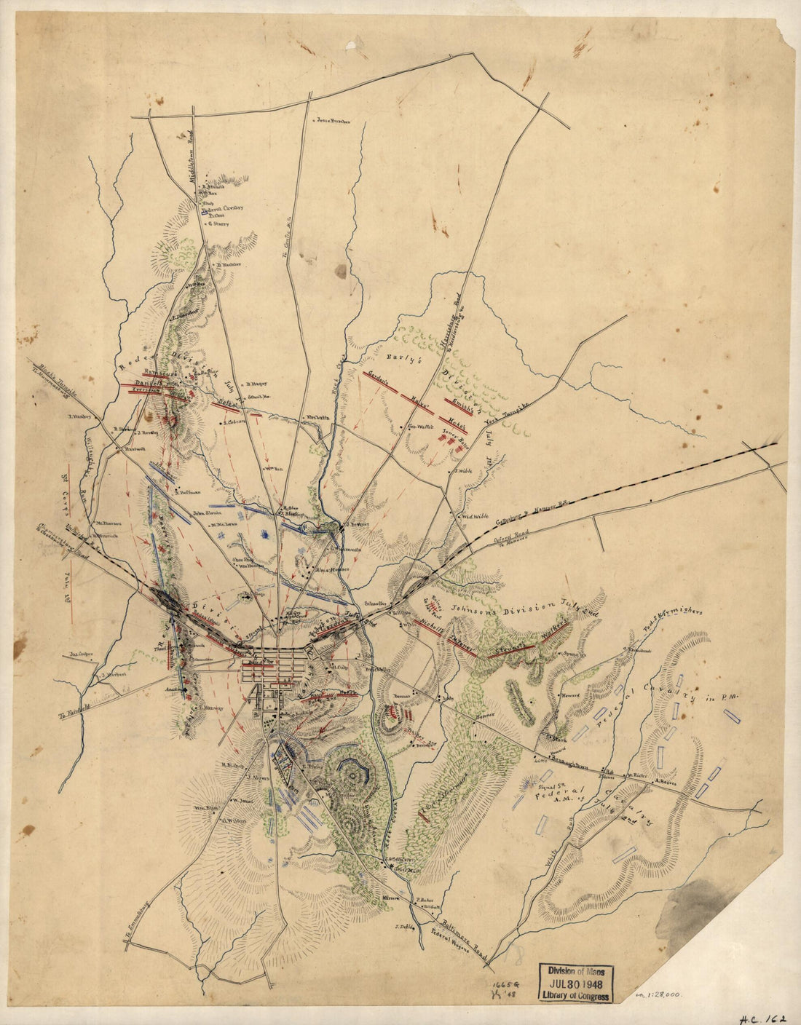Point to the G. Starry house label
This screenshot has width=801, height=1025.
click(x=218, y=224)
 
